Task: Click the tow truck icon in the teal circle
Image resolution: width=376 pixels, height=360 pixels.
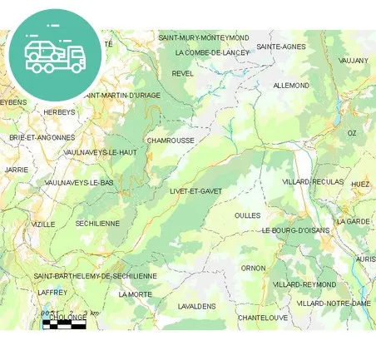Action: click(x=54, y=55)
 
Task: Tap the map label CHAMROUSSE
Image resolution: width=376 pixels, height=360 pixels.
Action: click(x=171, y=141)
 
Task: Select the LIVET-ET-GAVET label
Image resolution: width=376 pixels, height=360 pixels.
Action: click(x=195, y=191)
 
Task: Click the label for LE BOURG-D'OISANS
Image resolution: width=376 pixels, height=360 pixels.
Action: click(x=296, y=230)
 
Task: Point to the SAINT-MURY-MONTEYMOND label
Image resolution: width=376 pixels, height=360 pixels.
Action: click(x=204, y=37)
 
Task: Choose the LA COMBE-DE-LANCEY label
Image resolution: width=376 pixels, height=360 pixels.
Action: click(x=212, y=52)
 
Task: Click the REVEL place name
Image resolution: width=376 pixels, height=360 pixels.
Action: click(x=182, y=73)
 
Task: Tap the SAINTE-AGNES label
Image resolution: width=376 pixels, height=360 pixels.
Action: click(x=280, y=47)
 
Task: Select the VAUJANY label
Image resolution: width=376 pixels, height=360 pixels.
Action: click(x=354, y=61)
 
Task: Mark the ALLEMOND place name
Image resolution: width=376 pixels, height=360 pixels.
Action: click(x=291, y=86)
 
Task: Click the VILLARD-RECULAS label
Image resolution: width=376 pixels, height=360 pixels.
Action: click(x=312, y=181)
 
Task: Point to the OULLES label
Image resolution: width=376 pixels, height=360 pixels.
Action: click(x=247, y=215)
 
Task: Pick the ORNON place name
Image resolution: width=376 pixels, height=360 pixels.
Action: click(x=253, y=268)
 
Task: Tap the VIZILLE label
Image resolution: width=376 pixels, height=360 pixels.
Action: click(x=43, y=224)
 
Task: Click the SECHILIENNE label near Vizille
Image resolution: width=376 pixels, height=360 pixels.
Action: click(x=97, y=224)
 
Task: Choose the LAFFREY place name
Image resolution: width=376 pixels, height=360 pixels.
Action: click(x=52, y=293)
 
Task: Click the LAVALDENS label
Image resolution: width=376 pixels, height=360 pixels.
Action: click(x=196, y=306)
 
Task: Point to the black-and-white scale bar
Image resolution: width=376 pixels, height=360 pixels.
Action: click(x=64, y=324)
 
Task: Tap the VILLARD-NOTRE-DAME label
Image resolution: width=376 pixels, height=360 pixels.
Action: click(x=334, y=303)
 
